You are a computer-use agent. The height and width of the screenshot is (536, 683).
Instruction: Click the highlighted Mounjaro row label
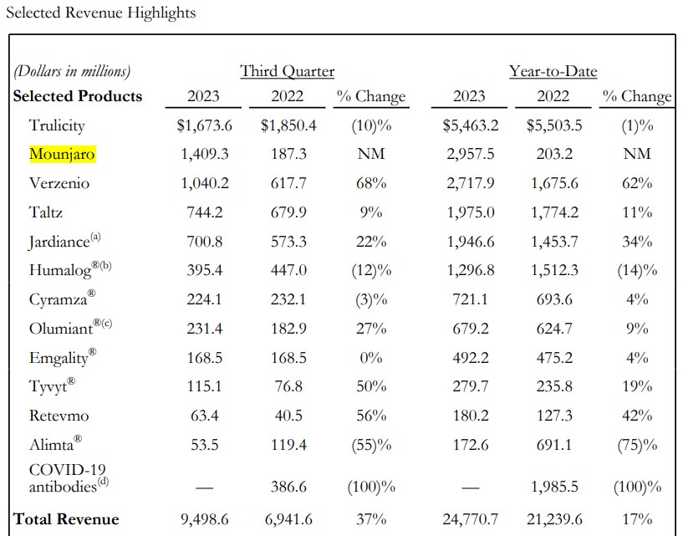pyautogui.click(x=62, y=154)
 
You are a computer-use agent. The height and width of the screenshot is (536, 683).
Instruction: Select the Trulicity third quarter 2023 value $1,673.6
pyautogui.click(x=203, y=125)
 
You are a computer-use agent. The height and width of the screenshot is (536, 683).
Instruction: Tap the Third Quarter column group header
pyautogui.click(x=287, y=71)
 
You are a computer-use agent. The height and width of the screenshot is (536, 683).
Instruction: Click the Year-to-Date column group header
pyautogui.click(x=553, y=71)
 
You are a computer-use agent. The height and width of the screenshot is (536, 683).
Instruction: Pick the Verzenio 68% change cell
pyautogui.click(x=370, y=183)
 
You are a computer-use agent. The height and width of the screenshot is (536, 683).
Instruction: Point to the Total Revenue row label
pyautogui.click(x=66, y=519)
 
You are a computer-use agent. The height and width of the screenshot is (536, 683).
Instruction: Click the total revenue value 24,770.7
pyautogui.click(x=468, y=519)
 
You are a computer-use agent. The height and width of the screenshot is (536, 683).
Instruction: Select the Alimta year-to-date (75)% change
pyautogui.click(x=637, y=445)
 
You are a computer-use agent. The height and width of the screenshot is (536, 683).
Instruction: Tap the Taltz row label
pyautogui.click(x=46, y=212)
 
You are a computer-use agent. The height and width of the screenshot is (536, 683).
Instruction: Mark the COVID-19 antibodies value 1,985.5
pyautogui.click(x=553, y=487)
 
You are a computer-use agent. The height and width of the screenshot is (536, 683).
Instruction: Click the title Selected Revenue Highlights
pyautogui.click(x=100, y=13)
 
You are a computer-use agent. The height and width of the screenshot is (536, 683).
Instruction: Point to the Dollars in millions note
pyautogui.click(x=72, y=71)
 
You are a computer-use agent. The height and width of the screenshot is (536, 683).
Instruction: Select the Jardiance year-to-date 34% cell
pyautogui.click(x=637, y=242)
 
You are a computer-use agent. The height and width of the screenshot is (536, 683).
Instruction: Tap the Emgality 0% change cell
pyautogui.click(x=370, y=358)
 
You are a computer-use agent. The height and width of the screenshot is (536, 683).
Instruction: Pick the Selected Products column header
pyautogui.click(x=78, y=96)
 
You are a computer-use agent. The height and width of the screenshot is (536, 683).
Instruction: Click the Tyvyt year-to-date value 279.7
pyautogui.click(x=468, y=387)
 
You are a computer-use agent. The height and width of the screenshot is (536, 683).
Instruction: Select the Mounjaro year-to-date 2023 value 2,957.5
pyautogui.click(x=468, y=154)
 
